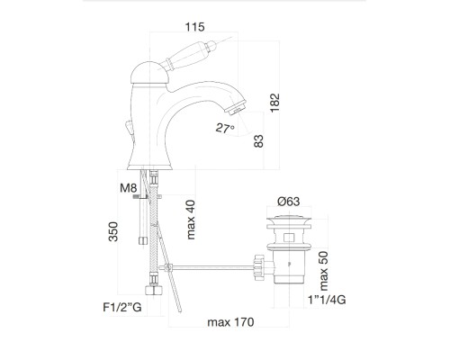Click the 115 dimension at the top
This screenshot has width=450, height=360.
[195, 27]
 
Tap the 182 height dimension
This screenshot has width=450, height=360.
[274, 103]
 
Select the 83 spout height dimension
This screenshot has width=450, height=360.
[258, 141]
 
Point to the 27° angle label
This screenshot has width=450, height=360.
[225, 129]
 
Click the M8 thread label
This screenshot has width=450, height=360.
[129, 188]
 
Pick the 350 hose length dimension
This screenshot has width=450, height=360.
[113, 231]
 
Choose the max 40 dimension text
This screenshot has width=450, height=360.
[191, 220]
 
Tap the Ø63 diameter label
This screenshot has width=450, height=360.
[289, 202]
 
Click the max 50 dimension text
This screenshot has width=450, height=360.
[324, 271]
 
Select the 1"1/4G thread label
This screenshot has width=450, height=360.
[327, 300]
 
